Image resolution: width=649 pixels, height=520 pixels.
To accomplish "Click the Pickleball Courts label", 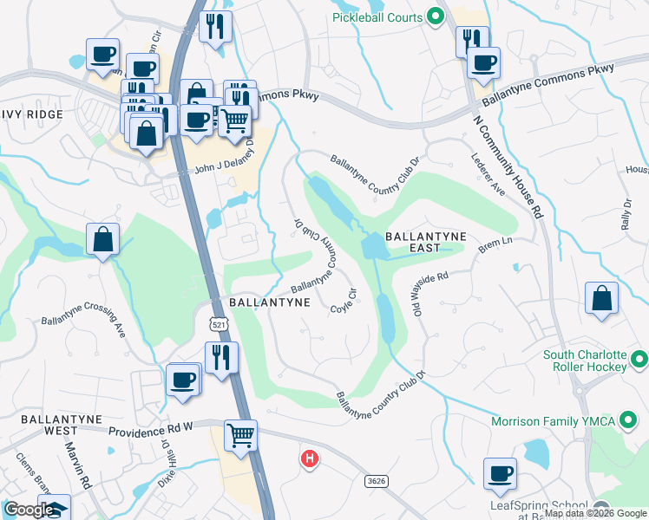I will [x=377, y=17].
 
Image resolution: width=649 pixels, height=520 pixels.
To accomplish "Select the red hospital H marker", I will [x=308, y=458].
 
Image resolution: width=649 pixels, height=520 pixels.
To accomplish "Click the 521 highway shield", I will [x=214, y=323].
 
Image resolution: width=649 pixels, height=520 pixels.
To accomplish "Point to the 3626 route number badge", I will [x=377, y=479].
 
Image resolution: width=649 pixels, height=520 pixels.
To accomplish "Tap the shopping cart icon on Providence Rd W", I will [x=240, y=434].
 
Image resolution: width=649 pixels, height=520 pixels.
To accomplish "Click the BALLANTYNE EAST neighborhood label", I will [x=425, y=242].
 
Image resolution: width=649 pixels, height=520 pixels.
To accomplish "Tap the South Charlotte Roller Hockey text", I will [x=584, y=361].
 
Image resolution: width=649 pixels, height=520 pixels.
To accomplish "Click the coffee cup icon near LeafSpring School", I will [x=501, y=473].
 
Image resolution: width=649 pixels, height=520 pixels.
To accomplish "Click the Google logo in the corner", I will [x=28, y=510].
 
